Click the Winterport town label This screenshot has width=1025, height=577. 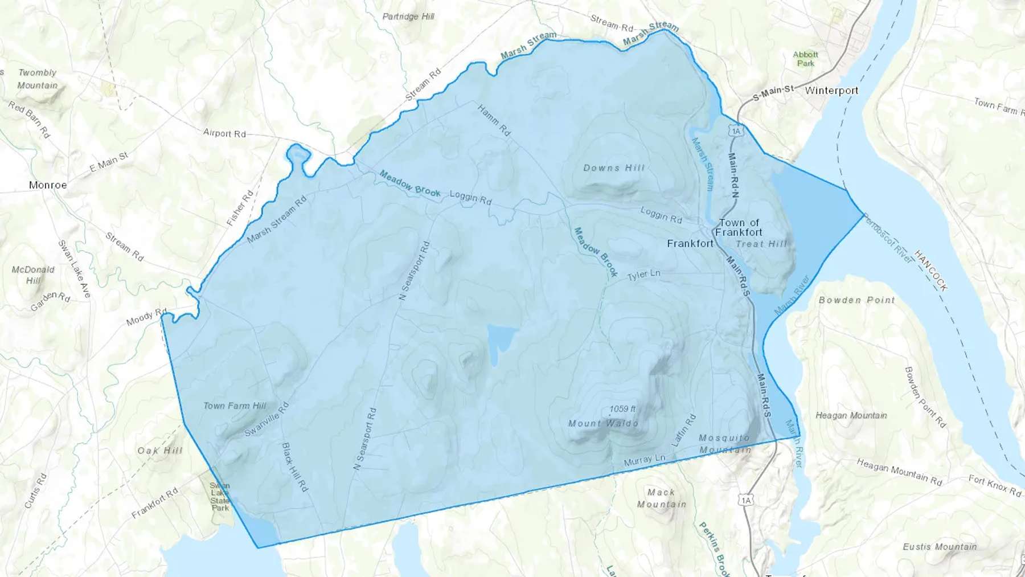(x=831, y=91)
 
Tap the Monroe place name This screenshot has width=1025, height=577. (x=48, y=185)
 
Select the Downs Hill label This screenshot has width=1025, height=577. (x=614, y=168)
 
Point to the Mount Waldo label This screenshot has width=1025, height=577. (x=603, y=423)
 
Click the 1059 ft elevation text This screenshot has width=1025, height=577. (x=622, y=409)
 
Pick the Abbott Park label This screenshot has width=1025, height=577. (x=805, y=59)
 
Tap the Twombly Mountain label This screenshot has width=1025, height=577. (x=38, y=79)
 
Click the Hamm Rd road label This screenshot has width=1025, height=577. (x=494, y=120)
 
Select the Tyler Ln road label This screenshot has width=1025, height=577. (x=643, y=275)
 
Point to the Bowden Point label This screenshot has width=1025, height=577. (x=856, y=300)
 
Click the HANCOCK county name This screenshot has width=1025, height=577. (x=931, y=271)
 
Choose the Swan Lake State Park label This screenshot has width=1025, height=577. (x=220, y=497)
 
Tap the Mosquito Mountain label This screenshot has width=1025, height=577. (x=724, y=444)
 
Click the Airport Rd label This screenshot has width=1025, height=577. (x=224, y=133)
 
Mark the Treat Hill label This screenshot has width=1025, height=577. (x=761, y=244)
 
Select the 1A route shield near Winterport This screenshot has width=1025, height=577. (x=736, y=132)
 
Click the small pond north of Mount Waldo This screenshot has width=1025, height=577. (x=500, y=340)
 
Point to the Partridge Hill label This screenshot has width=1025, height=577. (x=408, y=17)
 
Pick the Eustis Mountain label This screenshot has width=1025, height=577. (x=940, y=547)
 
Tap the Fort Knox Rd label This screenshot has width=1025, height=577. (x=995, y=486)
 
